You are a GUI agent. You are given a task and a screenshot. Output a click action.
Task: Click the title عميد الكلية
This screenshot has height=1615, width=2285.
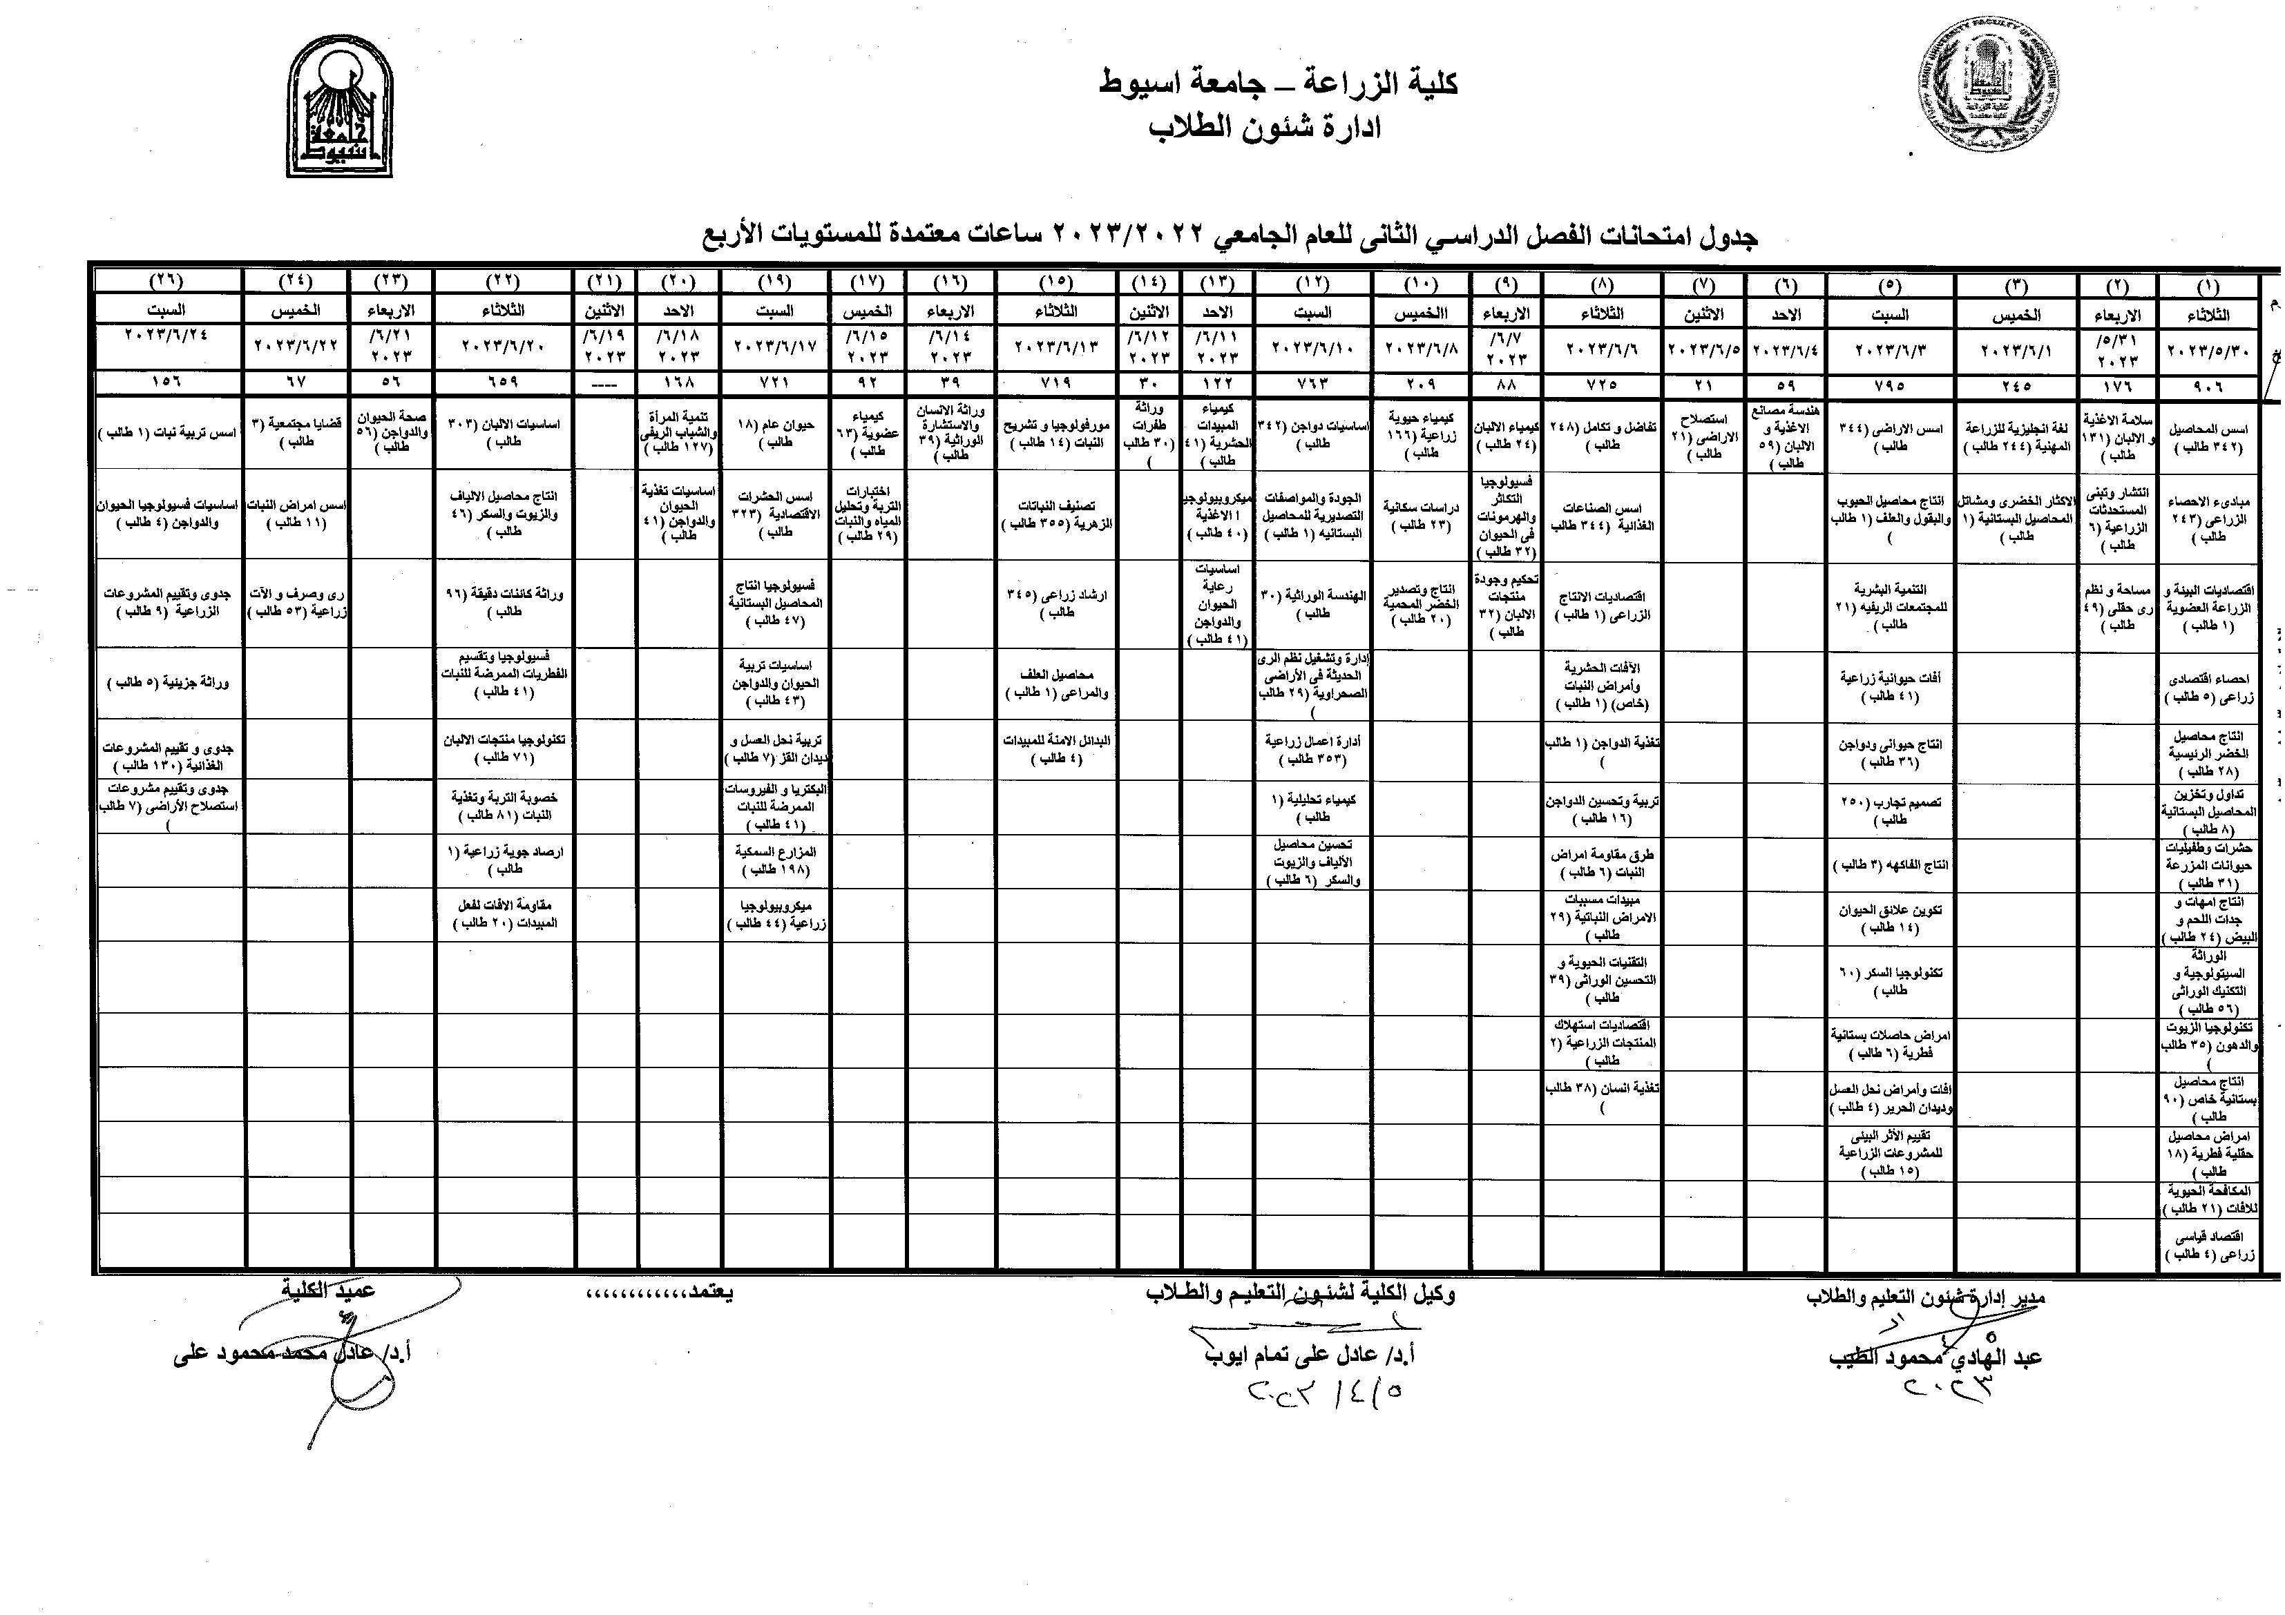pos(327,1290)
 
